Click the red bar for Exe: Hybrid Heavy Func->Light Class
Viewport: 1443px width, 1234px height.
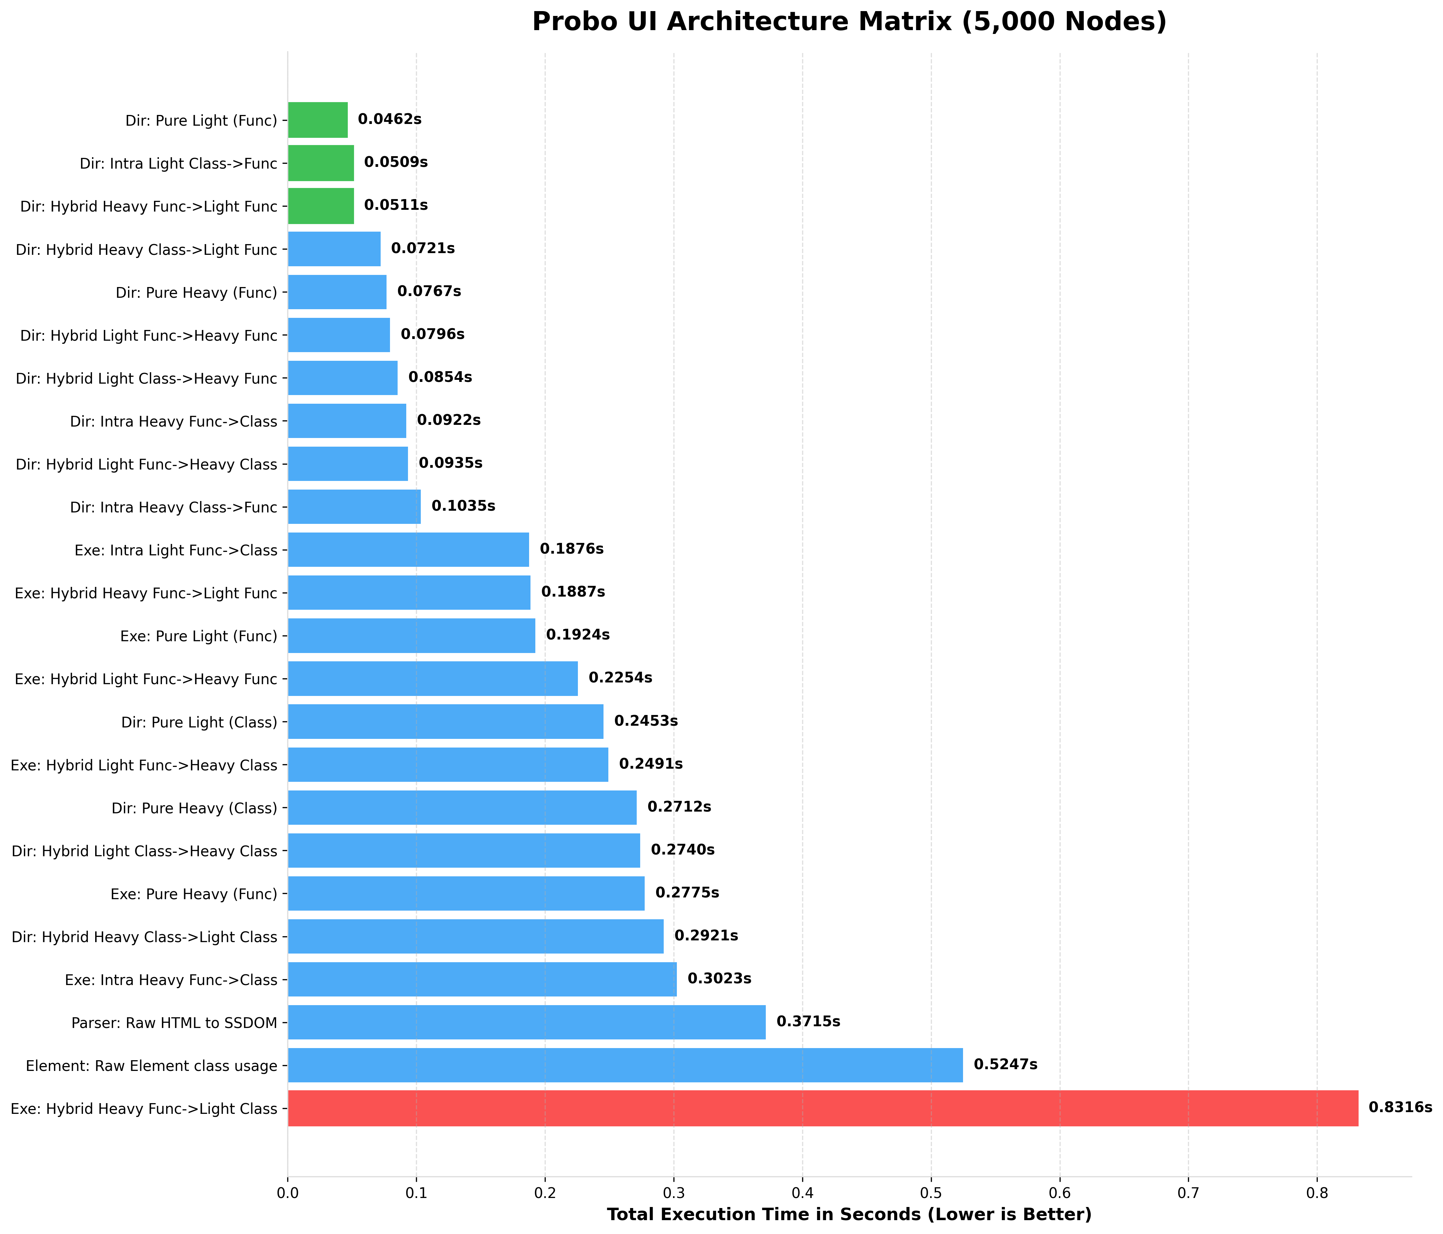pos(822,1108)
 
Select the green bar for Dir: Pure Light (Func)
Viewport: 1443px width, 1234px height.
pos(318,120)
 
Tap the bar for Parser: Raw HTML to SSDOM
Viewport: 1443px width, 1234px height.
pos(526,1022)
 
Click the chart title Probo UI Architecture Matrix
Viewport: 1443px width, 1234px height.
pos(849,22)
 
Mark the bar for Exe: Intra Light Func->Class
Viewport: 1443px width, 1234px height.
pos(408,550)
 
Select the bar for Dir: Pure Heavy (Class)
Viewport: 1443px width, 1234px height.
pos(462,807)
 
